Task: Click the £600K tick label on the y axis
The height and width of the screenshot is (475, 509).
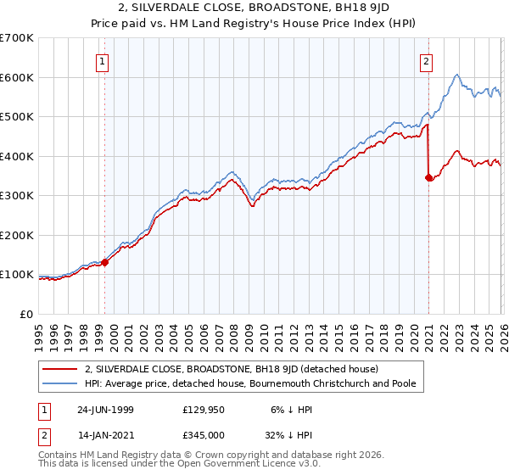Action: pos(17,77)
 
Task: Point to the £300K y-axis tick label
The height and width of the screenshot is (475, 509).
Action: pos(17,196)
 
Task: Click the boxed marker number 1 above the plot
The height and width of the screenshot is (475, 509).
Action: pos(103,60)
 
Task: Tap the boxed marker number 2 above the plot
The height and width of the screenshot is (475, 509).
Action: pos(426,60)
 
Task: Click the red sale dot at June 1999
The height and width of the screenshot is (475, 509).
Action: pos(105,263)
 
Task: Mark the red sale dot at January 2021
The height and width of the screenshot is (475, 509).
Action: pos(429,177)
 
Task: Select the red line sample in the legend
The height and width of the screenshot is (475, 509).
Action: pos(61,369)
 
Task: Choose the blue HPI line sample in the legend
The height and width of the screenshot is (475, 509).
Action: pos(61,383)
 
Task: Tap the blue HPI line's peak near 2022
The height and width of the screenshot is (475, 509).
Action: pos(457,75)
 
